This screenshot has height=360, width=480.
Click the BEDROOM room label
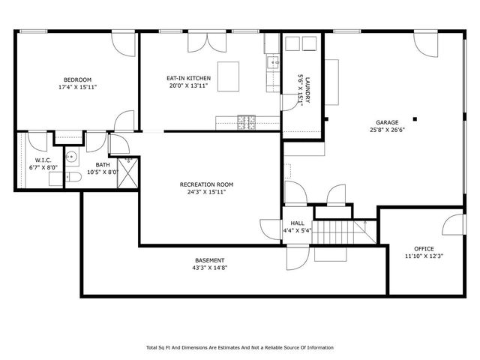77,79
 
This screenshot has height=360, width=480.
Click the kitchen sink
273,64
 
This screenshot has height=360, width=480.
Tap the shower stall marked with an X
129,172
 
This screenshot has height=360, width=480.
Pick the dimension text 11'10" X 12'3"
424,256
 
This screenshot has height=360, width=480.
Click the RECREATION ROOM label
206,184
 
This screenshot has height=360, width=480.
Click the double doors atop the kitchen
198,41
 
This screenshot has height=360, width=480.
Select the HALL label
296,223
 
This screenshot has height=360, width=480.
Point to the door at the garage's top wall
424,43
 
